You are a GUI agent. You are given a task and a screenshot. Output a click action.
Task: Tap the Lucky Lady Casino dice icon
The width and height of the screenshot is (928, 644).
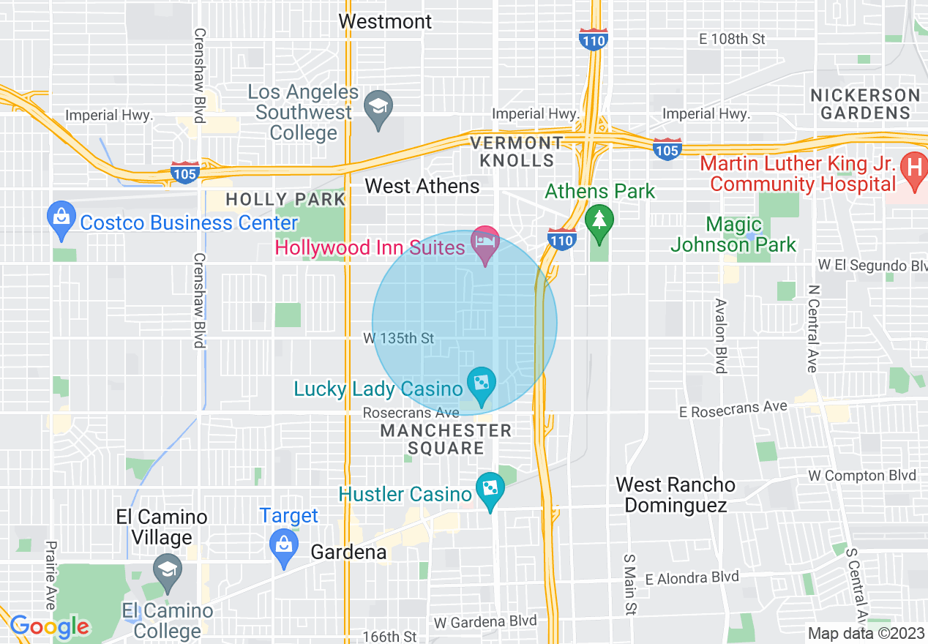pos(482,383)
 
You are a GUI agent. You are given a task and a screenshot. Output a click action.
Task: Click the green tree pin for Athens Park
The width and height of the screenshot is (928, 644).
pos(599,220)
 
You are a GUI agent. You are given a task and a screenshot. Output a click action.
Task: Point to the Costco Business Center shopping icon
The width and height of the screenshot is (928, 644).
pos(61,218)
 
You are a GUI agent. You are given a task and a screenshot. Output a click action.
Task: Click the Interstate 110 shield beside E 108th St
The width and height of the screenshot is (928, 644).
pos(593,40)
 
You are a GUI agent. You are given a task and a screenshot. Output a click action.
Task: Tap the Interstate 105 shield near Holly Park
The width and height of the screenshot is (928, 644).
pos(184,173)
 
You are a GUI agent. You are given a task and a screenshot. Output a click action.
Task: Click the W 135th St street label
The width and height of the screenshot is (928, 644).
pos(399,338)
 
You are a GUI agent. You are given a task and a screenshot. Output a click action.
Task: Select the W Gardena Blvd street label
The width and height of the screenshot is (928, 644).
pos(484,622)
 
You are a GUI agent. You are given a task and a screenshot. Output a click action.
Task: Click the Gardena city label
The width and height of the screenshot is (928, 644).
pos(348,552)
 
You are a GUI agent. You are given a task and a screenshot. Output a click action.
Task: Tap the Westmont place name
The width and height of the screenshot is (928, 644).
pos(385,21)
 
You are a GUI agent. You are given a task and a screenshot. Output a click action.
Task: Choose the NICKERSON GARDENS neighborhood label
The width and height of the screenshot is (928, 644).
pos(864,104)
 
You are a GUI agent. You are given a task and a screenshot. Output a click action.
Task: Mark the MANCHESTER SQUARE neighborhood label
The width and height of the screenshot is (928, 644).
pos(445,439)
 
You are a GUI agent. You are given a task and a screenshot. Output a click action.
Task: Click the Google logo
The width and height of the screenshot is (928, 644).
pos(50,626)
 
